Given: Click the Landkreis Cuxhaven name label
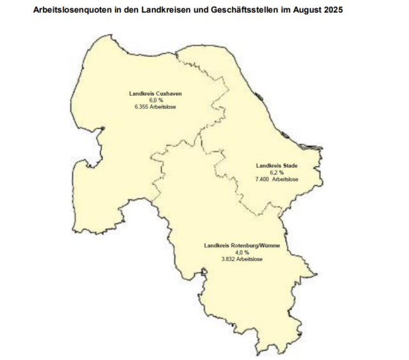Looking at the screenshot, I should (x=155, y=94).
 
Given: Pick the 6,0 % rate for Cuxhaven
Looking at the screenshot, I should (x=155, y=100).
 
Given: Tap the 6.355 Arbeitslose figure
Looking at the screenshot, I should (x=155, y=107).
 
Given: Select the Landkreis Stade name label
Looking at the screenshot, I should (x=276, y=167).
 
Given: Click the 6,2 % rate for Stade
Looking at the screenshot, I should (x=276, y=173).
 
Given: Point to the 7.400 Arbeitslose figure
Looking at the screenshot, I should (x=276, y=180).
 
